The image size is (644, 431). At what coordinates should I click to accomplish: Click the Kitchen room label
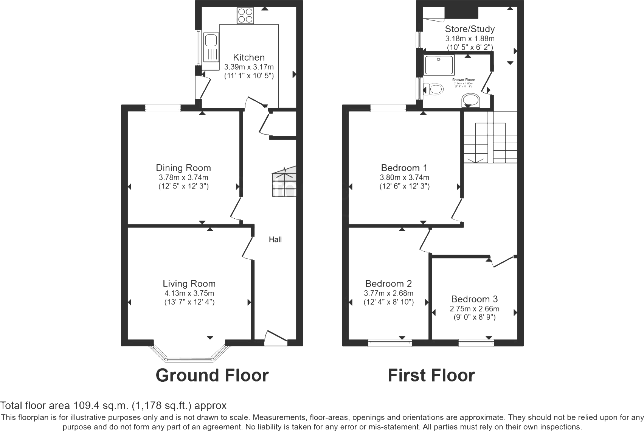tap(248, 58)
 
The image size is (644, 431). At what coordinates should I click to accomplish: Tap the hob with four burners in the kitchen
tap(245, 16)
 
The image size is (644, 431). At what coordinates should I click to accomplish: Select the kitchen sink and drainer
tap(211, 47)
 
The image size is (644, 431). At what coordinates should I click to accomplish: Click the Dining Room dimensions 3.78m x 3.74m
tap(183, 177)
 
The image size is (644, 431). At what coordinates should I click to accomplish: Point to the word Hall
tap(275, 240)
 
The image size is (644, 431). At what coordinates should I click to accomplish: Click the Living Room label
tap(189, 283)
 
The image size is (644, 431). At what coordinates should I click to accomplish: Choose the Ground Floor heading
tap(212, 375)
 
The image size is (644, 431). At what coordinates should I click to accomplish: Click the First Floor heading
tap(431, 375)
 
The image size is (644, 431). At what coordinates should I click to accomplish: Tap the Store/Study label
tap(470, 29)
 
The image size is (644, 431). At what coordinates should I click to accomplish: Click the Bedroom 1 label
tap(404, 168)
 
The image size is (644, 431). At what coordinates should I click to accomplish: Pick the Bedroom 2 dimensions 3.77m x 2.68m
tap(388, 293)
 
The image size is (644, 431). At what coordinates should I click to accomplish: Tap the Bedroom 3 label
tap(474, 299)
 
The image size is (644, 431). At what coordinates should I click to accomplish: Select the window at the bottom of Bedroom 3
tap(476, 343)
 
